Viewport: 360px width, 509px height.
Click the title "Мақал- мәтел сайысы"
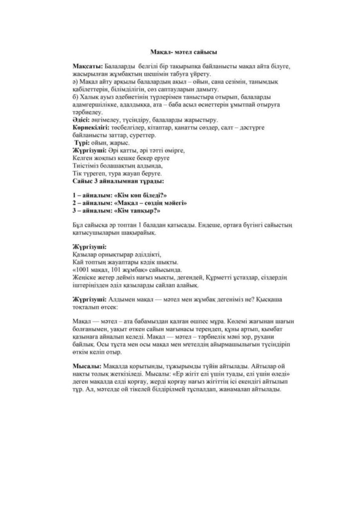tap(183, 51)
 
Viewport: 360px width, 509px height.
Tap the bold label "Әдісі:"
tap(81, 120)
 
